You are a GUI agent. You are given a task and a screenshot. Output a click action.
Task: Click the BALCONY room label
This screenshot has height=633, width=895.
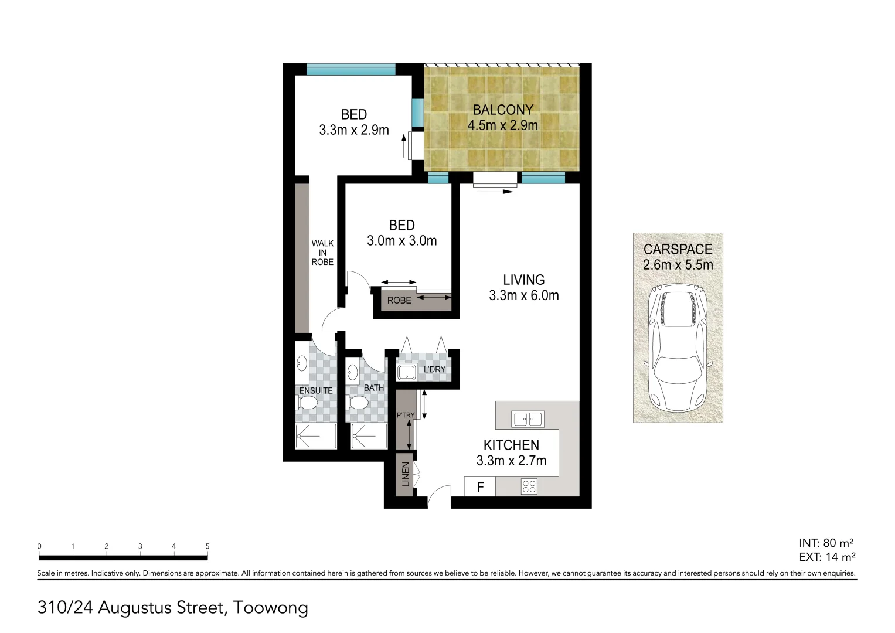tap(503, 110)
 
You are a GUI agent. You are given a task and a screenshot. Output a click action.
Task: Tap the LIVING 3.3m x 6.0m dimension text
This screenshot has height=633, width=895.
tap(523, 295)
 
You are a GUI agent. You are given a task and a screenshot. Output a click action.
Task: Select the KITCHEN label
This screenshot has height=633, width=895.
tap(511, 445)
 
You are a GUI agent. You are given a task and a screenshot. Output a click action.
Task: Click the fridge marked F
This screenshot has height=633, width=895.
tap(480, 487)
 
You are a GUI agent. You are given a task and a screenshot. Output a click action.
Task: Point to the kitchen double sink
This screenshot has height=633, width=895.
tap(528, 419)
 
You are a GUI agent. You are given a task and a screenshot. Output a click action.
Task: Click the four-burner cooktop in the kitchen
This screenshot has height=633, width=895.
tap(529, 486)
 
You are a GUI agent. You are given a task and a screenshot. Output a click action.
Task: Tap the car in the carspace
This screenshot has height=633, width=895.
tap(678, 349)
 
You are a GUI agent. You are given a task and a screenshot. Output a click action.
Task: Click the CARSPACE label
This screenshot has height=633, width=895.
tap(678, 249)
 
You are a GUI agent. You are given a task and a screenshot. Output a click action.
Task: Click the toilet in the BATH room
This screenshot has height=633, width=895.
tap(359, 403)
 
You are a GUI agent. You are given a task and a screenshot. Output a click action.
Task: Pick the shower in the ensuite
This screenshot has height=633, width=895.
tap(316, 436)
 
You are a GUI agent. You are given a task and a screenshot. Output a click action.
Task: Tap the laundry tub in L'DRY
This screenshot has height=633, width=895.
tap(406, 372)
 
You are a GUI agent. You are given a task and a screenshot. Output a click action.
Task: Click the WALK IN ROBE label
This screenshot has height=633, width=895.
tap(322, 253)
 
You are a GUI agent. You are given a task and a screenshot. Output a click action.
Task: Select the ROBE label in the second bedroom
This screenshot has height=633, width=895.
tap(399, 300)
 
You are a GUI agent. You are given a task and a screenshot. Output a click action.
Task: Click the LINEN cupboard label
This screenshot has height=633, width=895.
tap(405, 475)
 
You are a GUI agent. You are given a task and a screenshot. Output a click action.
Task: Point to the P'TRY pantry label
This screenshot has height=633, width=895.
tap(405, 415)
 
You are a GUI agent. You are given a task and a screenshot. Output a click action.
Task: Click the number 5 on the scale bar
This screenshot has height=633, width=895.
tap(207, 546)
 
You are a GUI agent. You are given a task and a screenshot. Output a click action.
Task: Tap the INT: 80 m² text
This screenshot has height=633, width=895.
tap(826, 543)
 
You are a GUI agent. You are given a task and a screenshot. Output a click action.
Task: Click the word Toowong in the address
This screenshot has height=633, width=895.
tap(270, 607)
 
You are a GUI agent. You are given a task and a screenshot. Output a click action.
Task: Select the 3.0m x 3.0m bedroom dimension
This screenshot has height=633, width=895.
tap(401, 241)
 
